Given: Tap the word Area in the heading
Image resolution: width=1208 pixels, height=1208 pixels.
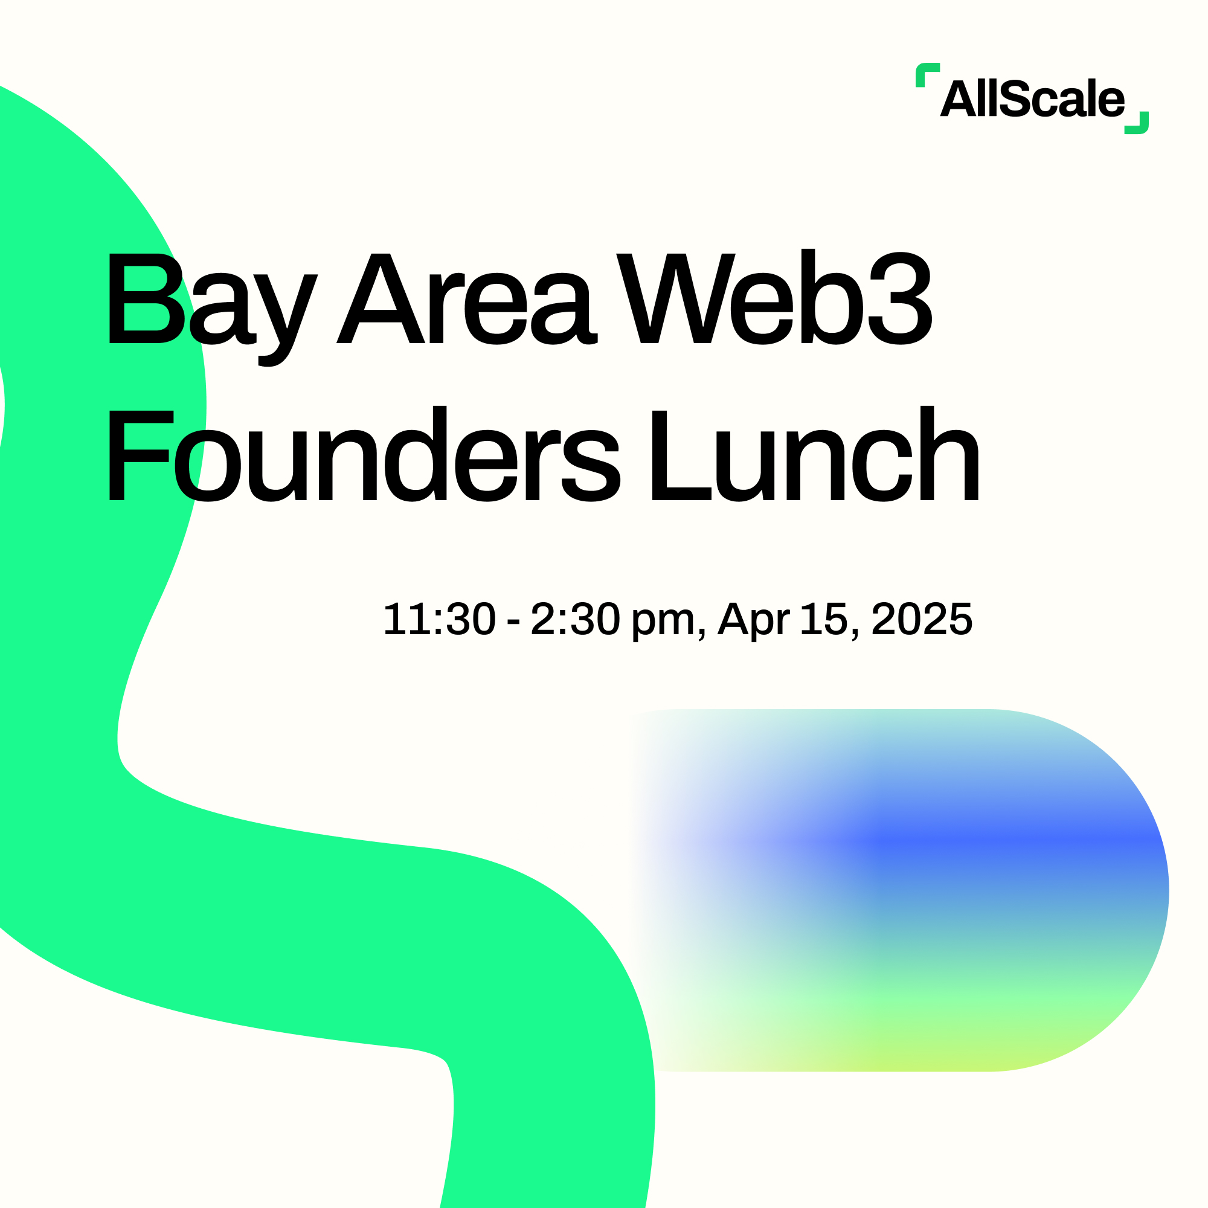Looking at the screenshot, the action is [467, 298].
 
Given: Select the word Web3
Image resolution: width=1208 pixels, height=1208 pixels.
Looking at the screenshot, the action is [774, 297].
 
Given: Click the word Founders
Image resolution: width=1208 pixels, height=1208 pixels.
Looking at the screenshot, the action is [365, 454].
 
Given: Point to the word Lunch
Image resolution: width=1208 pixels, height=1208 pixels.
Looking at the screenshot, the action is [815, 454].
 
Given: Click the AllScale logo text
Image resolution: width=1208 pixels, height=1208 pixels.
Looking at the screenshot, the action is [1032, 99].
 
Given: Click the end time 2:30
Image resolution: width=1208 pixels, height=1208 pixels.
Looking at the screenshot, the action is [575, 620].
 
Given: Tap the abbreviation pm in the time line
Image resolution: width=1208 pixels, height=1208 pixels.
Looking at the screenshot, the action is [663, 623].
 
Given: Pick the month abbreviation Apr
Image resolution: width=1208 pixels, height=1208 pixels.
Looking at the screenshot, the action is [753, 622].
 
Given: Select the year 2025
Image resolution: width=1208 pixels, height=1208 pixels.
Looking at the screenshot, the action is [922, 620].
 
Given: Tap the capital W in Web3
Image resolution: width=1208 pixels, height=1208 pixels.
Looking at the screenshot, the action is [676, 298].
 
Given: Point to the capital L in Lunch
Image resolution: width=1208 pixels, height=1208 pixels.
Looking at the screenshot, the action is [681, 456].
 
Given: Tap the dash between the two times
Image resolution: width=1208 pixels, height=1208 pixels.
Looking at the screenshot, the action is [513, 622].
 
